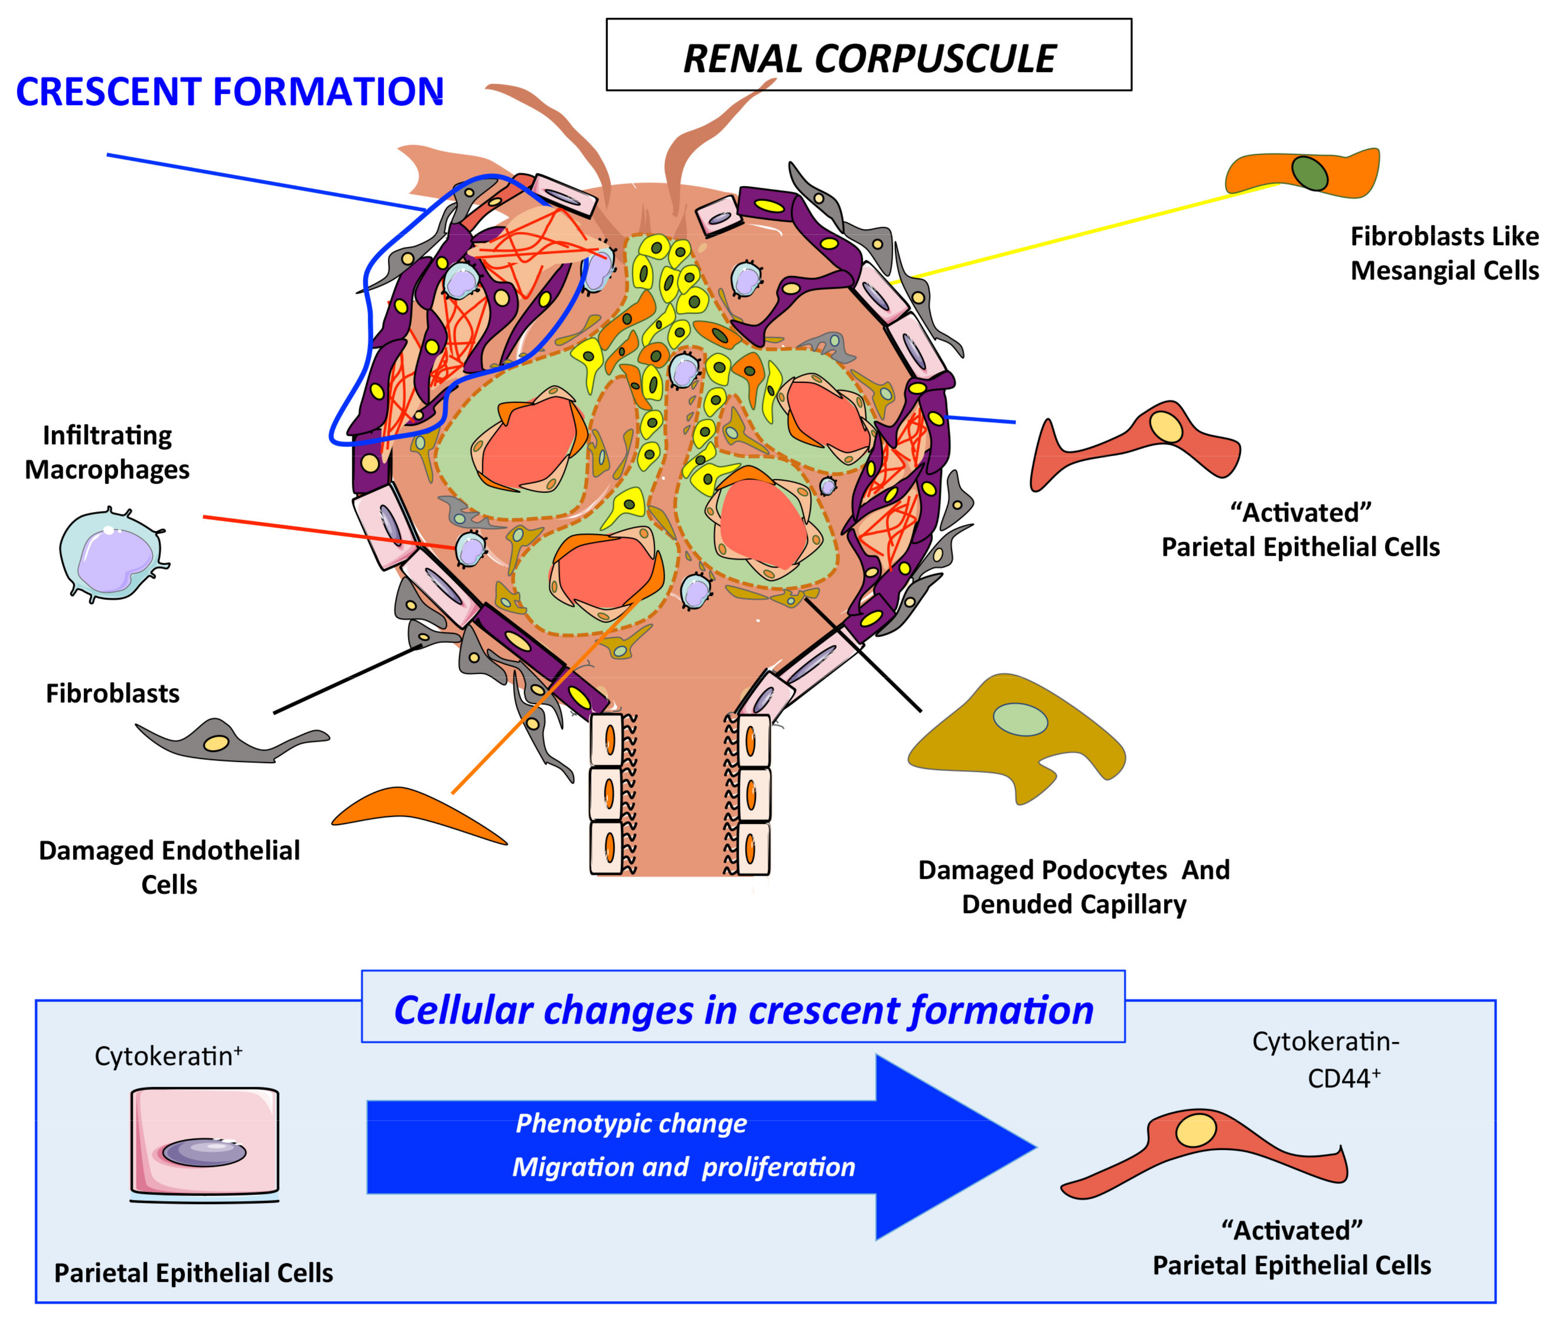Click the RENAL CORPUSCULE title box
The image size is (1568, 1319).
[868, 55]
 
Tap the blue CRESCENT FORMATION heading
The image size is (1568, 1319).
[229, 92]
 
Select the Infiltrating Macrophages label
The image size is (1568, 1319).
[107, 453]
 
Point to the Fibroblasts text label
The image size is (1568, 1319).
[113, 693]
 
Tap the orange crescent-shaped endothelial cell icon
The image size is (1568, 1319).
[418, 815]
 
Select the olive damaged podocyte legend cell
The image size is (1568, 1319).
[1016, 737]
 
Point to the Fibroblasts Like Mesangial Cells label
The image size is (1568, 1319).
[1444, 253]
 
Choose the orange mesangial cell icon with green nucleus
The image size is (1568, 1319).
[1302, 173]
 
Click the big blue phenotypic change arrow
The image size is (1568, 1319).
[701, 1146]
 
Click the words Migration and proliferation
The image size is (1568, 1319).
[683, 1167]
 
